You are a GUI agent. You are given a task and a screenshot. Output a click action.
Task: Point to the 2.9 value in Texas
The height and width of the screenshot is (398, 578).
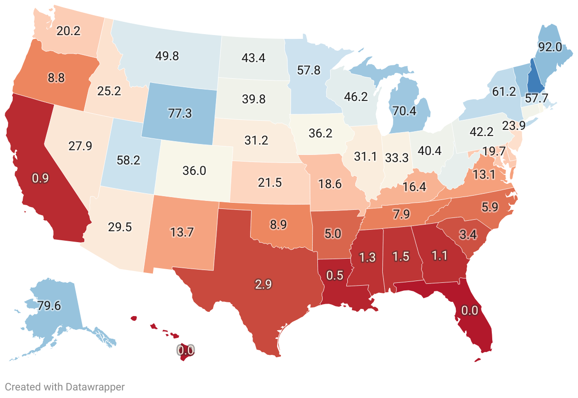coord(263,285)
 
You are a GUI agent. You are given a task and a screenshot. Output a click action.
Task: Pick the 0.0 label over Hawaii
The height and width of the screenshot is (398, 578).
coord(185,351)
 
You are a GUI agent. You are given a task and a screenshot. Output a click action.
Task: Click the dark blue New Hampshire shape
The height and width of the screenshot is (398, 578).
coord(535,79)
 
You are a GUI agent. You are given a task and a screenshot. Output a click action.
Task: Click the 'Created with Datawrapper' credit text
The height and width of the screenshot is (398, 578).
coord(65,387)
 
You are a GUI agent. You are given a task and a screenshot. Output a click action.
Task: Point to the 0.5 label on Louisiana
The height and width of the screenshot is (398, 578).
coord(334,276)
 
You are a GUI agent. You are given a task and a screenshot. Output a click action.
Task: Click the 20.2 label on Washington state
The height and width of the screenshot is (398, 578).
coord(68,31)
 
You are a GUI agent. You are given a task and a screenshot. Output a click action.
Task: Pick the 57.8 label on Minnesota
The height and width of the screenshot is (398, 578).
coord(308,71)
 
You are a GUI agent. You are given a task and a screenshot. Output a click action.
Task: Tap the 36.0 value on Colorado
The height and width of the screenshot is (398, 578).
coord(194,171)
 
